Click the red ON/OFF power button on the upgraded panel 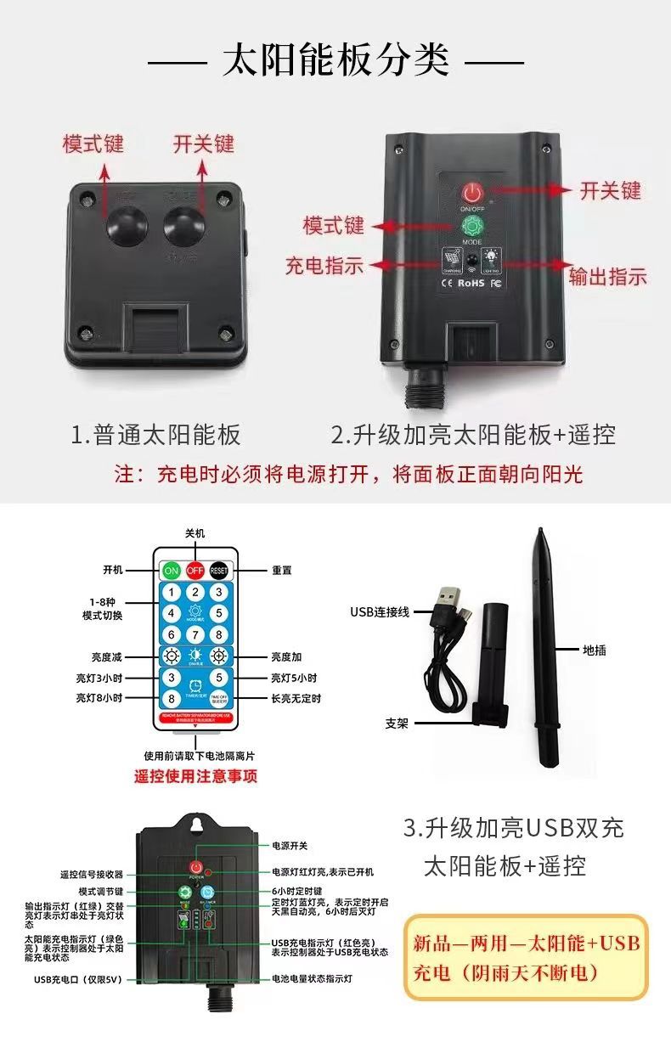[471, 191]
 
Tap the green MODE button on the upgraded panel [471, 227]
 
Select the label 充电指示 [324, 265]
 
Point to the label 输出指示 [607, 276]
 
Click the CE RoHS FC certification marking [472, 282]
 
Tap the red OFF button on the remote [195, 571]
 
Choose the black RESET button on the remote [219, 571]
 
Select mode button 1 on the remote [172, 593]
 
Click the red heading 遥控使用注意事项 [195, 775]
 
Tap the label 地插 [595, 651]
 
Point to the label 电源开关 [290, 846]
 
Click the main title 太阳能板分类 [335, 62]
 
